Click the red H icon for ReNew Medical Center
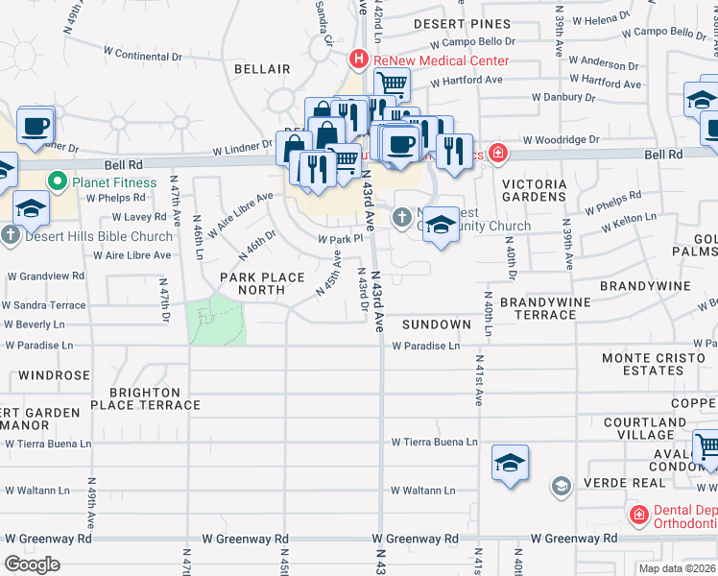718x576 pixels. (359, 60)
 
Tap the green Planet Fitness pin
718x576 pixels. (58, 181)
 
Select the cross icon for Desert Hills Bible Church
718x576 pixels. (11, 234)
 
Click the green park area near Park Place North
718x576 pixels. (218, 321)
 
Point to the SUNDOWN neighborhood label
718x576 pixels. (437, 324)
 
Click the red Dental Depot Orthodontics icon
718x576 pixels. (638, 516)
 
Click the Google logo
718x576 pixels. (33, 564)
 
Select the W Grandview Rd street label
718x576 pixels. (46, 276)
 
